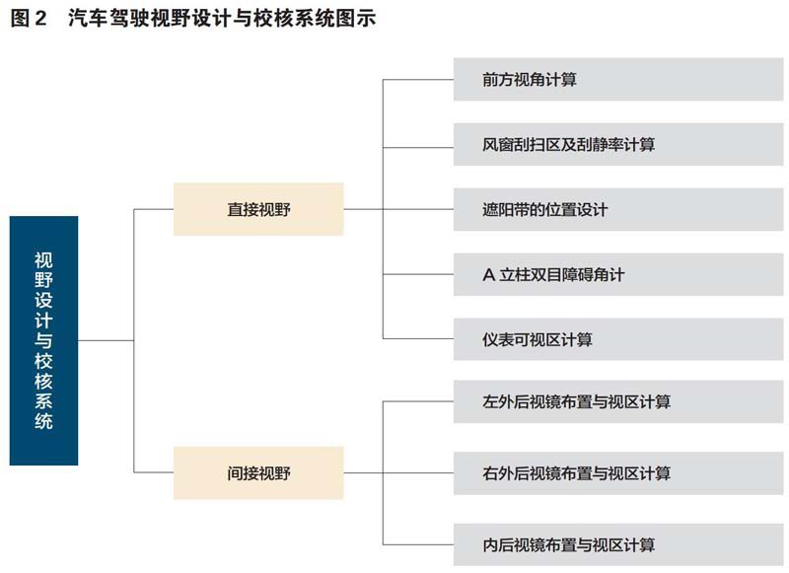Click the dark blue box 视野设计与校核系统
[x=43, y=340]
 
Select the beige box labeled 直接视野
[x=258, y=209]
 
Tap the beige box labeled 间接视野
[x=258, y=472]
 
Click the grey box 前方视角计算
[x=618, y=80]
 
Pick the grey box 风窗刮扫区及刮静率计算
[x=618, y=144]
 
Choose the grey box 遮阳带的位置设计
[x=618, y=209]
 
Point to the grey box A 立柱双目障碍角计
[x=618, y=274]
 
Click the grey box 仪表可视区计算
[x=618, y=339]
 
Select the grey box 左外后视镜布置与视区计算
[x=618, y=401]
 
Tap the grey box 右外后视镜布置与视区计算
[x=618, y=472]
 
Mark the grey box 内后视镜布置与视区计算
[x=618, y=544]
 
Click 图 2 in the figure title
[x=29, y=19]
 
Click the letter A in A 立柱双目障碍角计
[x=488, y=275]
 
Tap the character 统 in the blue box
[x=43, y=421]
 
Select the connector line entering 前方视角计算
[x=418, y=80]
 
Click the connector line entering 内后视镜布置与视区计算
[x=418, y=544]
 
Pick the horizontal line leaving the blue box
[x=106, y=340]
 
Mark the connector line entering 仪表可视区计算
[x=418, y=338]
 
